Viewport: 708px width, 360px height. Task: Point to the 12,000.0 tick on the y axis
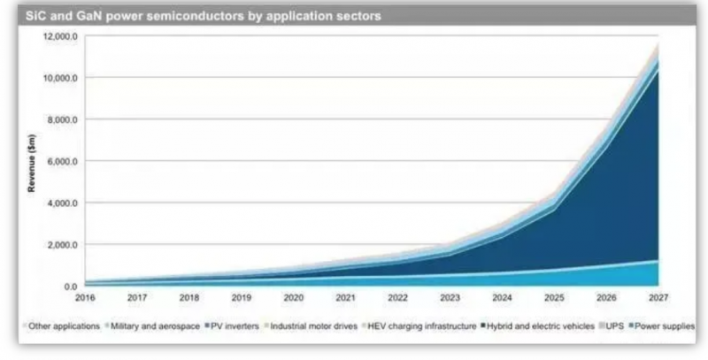pyautogui.click(x=61, y=36)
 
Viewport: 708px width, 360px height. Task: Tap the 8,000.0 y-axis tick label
pyautogui.click(x=63, y=119)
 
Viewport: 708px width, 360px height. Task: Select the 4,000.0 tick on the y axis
pyautogui.click(x=63, y=203)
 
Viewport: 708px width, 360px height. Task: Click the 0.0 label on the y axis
pyautogui.click(x=70, y=287)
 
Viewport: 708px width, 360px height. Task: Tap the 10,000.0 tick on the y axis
pyautogui.click(x=61, y=78)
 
